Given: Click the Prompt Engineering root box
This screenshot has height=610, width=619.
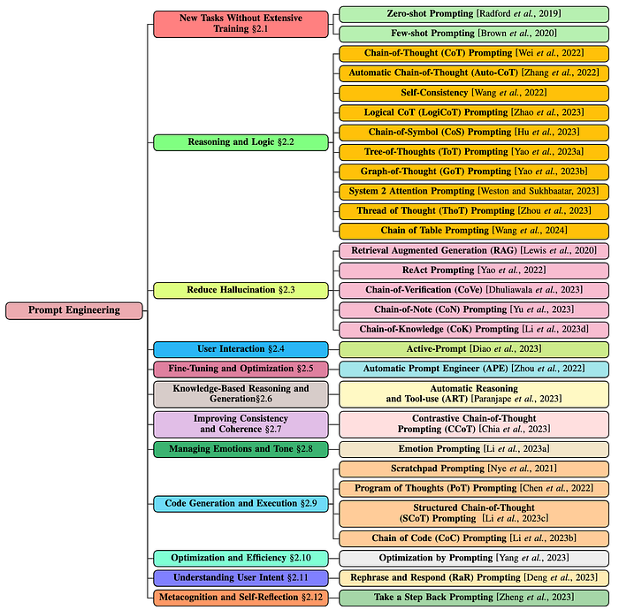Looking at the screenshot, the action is [73, 310].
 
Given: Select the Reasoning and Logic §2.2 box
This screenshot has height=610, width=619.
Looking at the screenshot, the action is [241, 142].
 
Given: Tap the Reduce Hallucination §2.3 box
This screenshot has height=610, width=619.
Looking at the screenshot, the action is [241, 290].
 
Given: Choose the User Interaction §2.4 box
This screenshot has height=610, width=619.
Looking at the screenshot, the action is [241, 349].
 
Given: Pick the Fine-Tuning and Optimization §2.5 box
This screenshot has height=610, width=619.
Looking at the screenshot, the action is [241, 369].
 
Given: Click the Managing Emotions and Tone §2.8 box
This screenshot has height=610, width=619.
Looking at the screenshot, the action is [241, 449].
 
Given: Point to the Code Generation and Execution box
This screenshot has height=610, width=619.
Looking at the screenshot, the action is [241, 504].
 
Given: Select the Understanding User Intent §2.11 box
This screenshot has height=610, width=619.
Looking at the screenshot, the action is [241, 578].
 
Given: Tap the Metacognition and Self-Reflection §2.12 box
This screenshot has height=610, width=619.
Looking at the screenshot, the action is [241, 598].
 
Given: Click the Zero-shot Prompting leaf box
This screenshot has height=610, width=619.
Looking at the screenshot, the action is [474, 14].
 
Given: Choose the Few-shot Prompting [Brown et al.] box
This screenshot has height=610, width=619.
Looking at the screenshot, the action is [474, 34].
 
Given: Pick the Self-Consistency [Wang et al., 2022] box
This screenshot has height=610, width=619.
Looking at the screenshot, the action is [474, 93].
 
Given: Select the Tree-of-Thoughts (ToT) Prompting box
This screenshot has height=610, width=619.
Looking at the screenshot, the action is [474, 152].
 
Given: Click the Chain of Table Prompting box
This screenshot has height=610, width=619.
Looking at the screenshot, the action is [474, 231].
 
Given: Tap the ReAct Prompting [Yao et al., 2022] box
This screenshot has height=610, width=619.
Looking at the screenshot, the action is [474, 271].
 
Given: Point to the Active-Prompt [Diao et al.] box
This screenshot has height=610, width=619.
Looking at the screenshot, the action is [474, 349].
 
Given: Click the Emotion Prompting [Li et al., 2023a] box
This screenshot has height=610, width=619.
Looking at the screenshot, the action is [474, 449].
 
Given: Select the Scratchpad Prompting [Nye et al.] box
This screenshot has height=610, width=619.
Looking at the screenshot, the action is [474, 469].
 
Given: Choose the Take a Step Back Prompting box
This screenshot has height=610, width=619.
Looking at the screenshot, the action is [474, 598].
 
